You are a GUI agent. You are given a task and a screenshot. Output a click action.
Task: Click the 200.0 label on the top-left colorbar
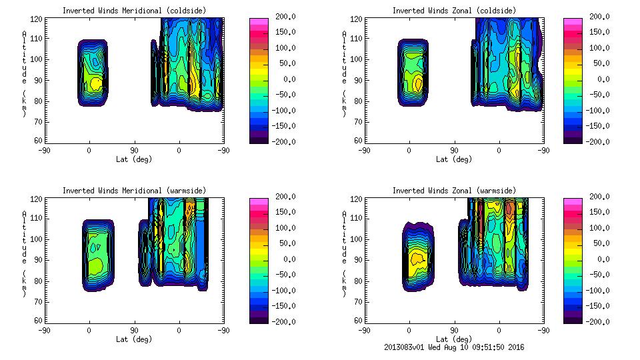pyautogui.click(x=281, y=17)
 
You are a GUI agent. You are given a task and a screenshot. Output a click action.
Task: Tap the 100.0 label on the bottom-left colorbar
pyautogui.click(x=281, y=228)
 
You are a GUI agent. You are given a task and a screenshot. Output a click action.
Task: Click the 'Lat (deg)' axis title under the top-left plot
pyautogui.click(x=133, y=159)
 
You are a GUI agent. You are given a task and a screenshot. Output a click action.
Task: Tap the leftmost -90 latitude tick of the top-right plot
pyautogui.click(x=363, y=150)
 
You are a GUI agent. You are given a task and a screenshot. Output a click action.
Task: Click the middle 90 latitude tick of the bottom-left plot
pyautogui.click(x=134, y=330)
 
